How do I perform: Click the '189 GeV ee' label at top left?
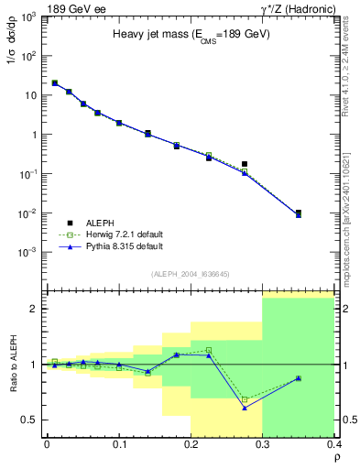(74, 8)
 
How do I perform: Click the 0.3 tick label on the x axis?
(262, 444)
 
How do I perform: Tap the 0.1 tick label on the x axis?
(118, 444)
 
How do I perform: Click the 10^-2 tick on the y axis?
(29, 213)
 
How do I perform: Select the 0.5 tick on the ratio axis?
(30, 420)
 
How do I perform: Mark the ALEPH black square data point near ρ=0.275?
(245, 164)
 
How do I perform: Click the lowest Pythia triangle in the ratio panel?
(245, 408)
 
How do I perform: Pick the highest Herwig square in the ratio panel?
(209, 350)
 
